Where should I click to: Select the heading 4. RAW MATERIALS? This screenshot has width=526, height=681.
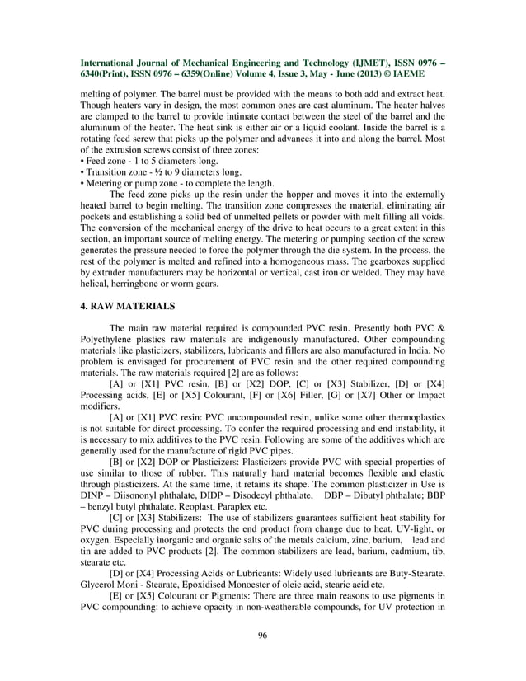[127, 306]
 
